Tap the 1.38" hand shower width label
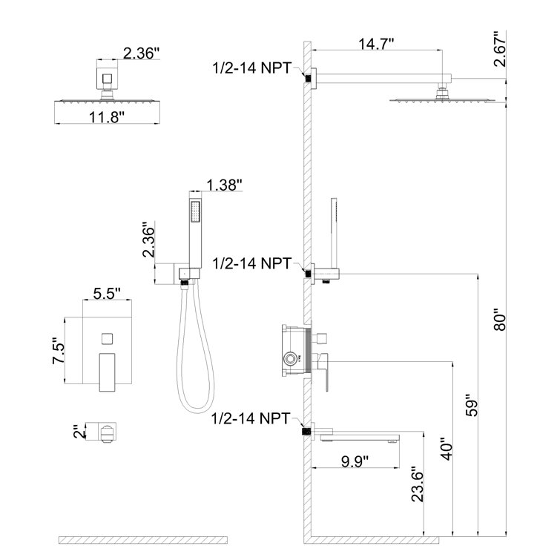(x=225, y=185)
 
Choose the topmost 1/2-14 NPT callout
(x=255, y=68)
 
